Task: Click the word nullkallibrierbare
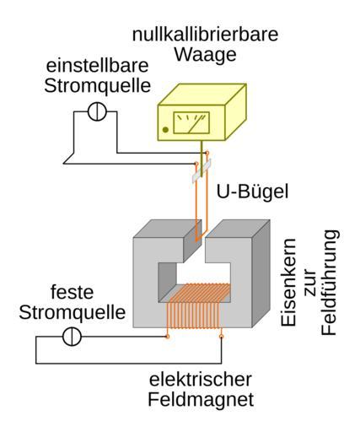205,35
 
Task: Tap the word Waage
206,56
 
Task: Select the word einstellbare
97,66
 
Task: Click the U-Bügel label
252,192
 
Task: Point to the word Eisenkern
289,283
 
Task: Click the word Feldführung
329,283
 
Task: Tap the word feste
72,292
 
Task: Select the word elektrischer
201,379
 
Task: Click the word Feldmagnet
201,399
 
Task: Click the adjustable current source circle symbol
97,111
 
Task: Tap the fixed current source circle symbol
72,337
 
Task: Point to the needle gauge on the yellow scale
191,123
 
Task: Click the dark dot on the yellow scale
165,130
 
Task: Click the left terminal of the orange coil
168,337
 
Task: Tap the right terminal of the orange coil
221,337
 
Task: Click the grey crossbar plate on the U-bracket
201,171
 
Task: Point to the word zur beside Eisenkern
309,283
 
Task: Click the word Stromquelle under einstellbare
98,86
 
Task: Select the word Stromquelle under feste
73,312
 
